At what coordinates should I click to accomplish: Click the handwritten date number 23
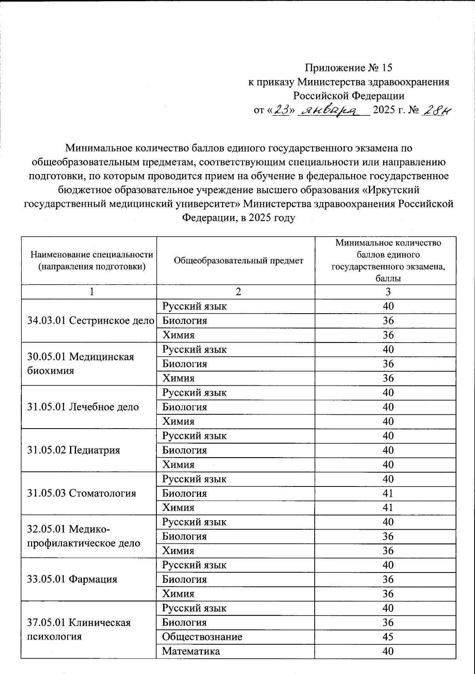tap(281, 111)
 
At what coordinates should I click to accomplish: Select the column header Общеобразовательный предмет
tap(239, 260)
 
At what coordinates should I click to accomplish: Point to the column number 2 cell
tap(238, 292)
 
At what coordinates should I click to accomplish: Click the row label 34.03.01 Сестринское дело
tap(91, 321)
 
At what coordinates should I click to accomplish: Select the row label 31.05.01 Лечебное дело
tap(83, 407)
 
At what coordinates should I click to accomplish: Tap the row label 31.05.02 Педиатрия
tap(74, 450)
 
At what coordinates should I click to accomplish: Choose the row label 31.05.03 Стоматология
tap(82, 493)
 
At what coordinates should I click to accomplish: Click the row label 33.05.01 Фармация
tap(72, 579)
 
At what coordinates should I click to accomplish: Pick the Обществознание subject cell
tap(202, 637)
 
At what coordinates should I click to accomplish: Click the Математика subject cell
tap(191, 651)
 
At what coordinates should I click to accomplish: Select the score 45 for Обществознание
tap(388, 637)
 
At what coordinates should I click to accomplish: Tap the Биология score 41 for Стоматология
tap(388, 493)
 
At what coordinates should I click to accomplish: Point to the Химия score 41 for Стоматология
tap(388, 507)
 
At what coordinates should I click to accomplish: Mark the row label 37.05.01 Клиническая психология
tap(79, 630)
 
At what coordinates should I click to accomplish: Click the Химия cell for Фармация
tap(179, 594)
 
